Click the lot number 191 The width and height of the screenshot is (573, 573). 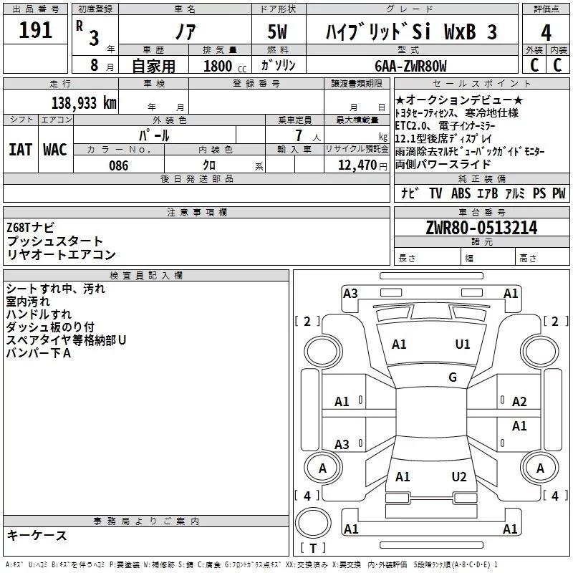35,30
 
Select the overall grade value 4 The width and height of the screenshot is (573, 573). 546,33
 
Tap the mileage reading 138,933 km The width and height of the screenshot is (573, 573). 84,103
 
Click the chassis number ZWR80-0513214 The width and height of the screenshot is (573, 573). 481,228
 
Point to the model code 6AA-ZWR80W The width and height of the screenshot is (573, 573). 410,66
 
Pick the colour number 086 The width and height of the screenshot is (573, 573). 118,165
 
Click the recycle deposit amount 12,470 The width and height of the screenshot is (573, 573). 357,165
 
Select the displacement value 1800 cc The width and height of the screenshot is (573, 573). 225,67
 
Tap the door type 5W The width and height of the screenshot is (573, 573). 277,32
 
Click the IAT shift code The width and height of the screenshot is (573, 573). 20,150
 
